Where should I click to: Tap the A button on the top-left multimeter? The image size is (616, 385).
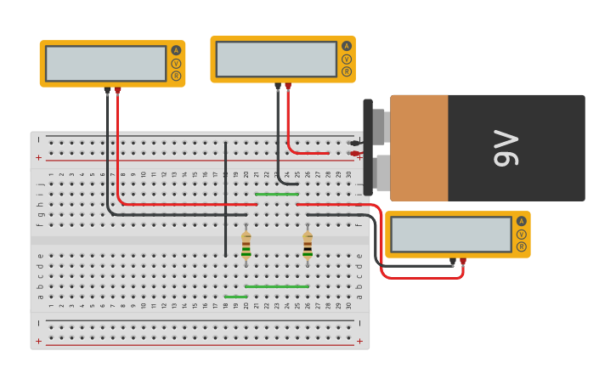(176, 50)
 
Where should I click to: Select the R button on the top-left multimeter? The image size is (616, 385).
(176, 76)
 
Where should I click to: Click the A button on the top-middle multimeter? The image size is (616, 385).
(347, 46)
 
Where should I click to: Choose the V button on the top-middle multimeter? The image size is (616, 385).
(347, 59)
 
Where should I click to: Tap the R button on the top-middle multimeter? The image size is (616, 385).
(347, 71)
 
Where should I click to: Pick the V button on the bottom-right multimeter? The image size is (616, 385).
(521, 234)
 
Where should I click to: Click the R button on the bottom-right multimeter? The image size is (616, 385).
(521, 246)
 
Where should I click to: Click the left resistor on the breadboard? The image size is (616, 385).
(246, 246)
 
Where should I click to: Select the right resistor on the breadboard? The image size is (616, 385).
(308, 246)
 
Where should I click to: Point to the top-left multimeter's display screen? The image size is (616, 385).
(105, 64)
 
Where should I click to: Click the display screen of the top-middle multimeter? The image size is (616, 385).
(276, 59)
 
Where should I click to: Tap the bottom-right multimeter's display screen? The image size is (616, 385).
(450, 234)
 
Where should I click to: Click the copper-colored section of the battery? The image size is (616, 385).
(419, 148)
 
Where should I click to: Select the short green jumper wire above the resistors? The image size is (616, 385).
(276, 194)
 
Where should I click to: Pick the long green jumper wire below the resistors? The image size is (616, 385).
(276, 286)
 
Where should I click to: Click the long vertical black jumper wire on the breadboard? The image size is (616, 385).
(225, 200)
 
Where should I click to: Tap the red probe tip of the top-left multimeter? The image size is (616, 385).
(117, 90)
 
